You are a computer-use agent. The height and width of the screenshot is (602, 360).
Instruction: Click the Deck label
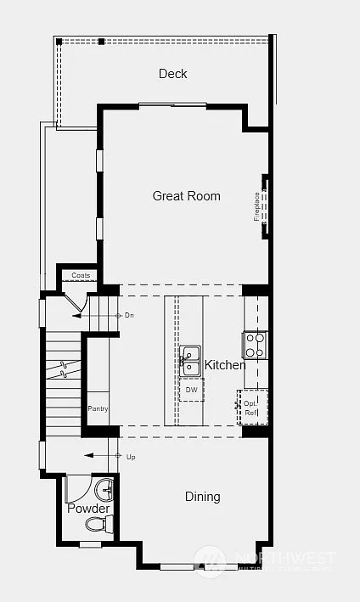click(173, 74)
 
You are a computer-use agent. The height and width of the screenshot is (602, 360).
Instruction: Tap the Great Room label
click(186, 196)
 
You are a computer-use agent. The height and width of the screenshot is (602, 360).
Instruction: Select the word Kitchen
click(224, 365)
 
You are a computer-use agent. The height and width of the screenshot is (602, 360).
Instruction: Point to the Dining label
click(202, 497)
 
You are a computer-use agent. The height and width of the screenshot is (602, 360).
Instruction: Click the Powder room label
click(88, 509)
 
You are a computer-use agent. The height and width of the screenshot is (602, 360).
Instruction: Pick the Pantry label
click(98, 409)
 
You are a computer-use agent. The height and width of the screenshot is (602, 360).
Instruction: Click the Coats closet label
click(81, 276)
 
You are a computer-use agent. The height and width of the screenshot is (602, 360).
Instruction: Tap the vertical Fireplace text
click(257, 205)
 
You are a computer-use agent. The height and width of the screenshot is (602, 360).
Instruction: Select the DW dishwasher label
click(191, 389)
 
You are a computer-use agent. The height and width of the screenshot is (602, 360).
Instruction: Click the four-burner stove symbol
click(255, 344)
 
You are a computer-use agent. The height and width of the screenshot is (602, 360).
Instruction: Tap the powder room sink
click(104, 490)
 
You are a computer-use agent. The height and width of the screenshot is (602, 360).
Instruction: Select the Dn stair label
click(129, 315)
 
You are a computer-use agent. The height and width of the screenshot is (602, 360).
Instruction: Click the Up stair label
click(130, 456)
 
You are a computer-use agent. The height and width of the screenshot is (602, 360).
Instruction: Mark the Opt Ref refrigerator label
click(250, 408)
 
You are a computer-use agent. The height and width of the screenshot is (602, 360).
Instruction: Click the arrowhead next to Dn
click(76, 315)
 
